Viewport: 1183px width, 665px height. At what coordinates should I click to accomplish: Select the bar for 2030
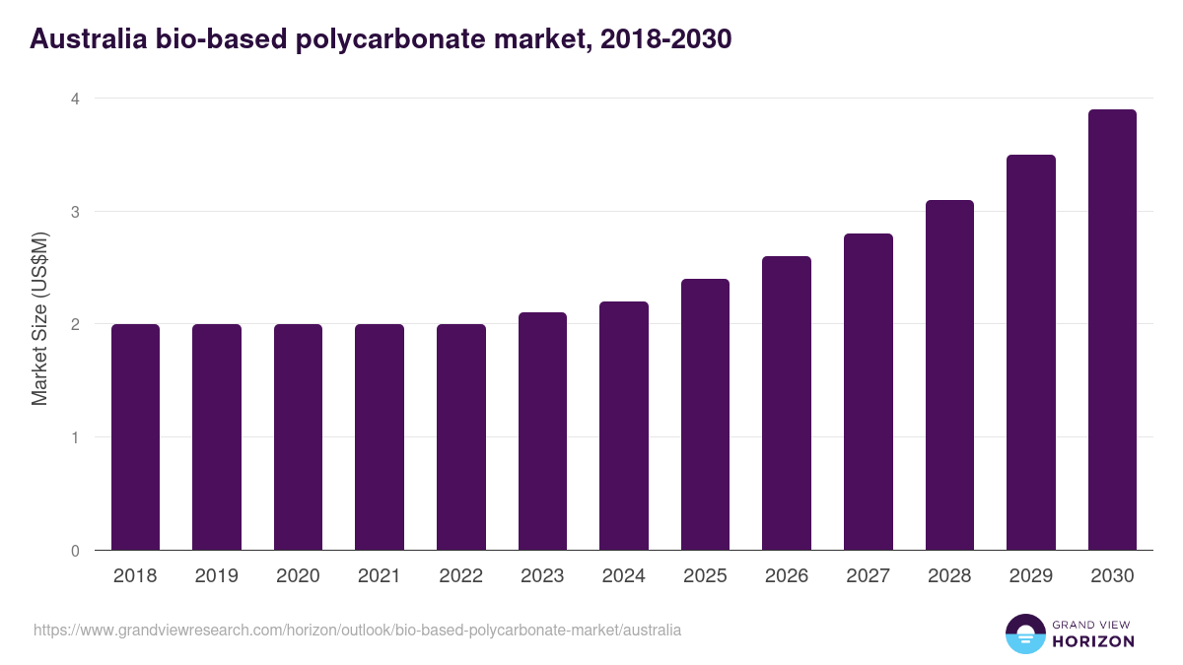coord(1112,330)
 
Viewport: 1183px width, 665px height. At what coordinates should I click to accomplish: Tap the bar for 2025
coord(705,414)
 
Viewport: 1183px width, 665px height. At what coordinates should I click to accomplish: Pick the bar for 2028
coord(949,374)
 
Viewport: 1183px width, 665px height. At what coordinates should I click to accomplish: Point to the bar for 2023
coord(542,431)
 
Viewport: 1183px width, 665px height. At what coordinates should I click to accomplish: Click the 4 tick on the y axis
coord(74,99)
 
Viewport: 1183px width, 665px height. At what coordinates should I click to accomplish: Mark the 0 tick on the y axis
coord(74,551)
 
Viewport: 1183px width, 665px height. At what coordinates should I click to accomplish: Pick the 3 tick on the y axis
coord(74,212)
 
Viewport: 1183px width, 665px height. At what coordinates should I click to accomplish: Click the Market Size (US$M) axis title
coord(39,318)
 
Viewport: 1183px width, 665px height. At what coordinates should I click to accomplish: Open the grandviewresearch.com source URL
coord(357,630)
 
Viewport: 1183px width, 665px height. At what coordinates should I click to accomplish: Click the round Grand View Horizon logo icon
coord(1025,633)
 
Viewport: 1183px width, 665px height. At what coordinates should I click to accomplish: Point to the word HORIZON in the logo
coord(1093,641)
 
